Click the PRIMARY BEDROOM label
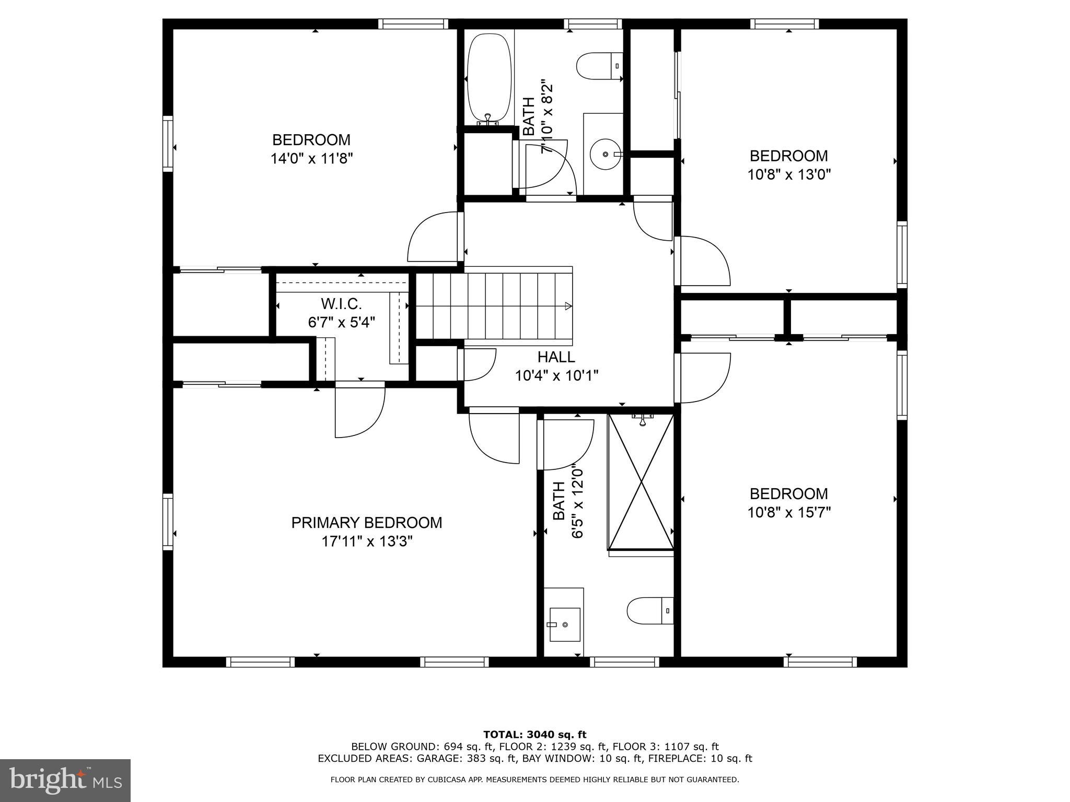(366, 523)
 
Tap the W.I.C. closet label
(341, 303)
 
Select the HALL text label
(556, 357)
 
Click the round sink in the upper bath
(605, 154)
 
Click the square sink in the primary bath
(564, 624)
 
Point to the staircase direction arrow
(568, 306)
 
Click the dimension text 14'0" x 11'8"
(311, 159)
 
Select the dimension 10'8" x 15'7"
(789, 512)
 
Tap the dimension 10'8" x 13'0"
(789, 174)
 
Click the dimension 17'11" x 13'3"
(367, 541)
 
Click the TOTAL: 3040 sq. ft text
(534, 735)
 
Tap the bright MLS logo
(65, 781)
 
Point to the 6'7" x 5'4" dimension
(341, 322)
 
